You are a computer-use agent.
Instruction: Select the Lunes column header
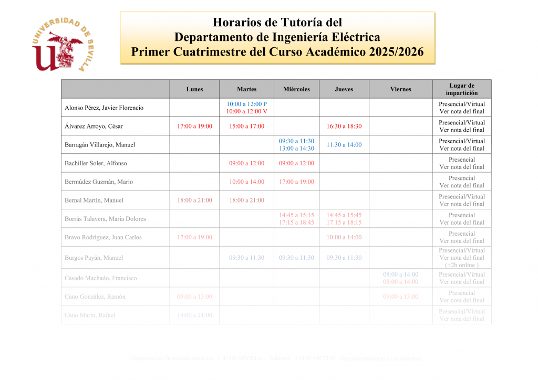point(194,89)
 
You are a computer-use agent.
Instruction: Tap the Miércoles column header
point(296,89)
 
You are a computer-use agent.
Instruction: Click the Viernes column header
point(400,89)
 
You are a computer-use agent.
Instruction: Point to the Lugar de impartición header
point(462,89)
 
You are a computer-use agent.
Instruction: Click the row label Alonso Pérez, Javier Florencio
point(104,108)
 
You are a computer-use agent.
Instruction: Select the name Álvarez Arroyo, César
point(94,126)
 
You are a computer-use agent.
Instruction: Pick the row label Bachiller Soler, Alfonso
point(96,163)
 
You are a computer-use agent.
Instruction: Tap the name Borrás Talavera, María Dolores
point(105,219)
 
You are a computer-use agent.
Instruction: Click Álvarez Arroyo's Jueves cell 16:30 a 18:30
point(344,126)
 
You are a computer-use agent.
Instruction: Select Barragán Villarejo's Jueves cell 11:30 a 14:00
point(344,145)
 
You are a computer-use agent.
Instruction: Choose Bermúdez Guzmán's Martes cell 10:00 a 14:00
point(246,182)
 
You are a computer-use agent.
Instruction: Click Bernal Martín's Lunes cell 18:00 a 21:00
point(194,200)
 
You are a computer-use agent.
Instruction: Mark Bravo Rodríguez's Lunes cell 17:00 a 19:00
point(194,237)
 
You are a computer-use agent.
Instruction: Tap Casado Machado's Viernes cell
point(400,278)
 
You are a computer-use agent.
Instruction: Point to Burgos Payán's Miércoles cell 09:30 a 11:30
point(296,258)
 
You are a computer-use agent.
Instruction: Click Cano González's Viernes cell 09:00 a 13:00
point(400,297)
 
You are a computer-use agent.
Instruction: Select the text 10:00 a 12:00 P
point(246,104)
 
